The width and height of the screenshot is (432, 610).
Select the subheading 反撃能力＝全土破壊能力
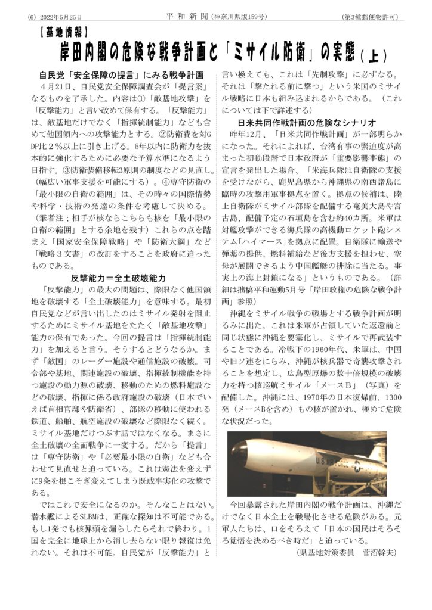point(118,278)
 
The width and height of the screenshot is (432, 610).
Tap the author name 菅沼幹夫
point(379,551)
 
